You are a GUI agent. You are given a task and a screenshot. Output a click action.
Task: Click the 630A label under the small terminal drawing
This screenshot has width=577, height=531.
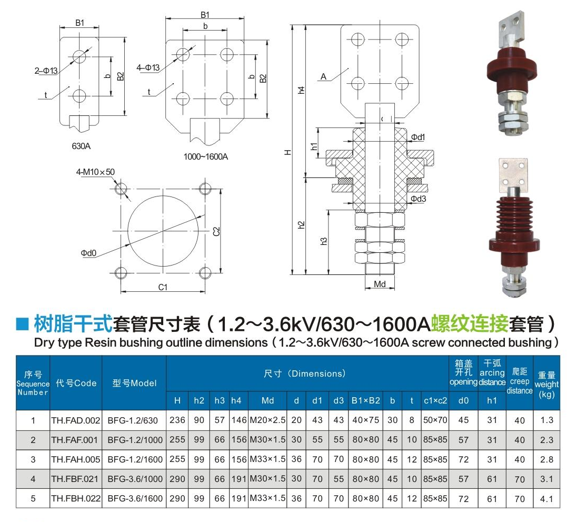[81, 146]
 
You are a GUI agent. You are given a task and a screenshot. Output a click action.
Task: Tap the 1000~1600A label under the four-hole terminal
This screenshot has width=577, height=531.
[206, 157]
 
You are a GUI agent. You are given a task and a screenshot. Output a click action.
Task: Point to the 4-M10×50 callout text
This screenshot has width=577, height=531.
[95, 172]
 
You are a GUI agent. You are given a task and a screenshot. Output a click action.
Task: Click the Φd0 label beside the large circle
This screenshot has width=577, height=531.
[88, 253]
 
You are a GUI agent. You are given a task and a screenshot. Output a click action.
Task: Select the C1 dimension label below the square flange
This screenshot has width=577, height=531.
[163, 287]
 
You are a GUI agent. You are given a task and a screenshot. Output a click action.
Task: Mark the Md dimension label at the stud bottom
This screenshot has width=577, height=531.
[380, 284]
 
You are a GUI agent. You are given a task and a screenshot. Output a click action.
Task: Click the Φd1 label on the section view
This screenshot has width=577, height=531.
[418, 137]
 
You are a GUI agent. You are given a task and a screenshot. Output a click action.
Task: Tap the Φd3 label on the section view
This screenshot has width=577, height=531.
[419, 199]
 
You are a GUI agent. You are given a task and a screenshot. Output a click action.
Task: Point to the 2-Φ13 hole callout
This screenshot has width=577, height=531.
[46, 71]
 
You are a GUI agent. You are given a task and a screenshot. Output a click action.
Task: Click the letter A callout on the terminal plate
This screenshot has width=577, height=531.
[323, 76]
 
